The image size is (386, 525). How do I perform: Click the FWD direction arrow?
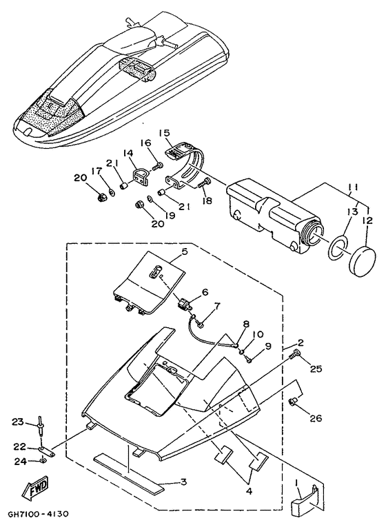[35, 488]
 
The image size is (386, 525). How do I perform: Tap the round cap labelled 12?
[363, 261]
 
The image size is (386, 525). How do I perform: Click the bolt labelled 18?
[205, 183]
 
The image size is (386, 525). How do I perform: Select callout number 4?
[249, 492]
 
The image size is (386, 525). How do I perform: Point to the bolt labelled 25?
[294, 354]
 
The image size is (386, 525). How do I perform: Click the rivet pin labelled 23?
[41, 426]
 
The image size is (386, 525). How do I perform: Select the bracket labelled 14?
[139, 176]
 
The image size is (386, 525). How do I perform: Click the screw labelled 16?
[157, 165]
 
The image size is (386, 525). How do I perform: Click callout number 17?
[96, 171]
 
